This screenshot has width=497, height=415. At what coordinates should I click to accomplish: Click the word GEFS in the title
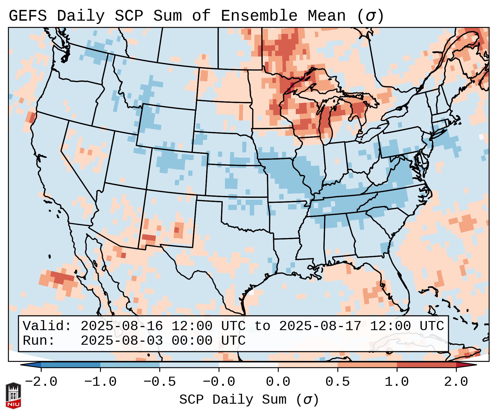coord(28,16)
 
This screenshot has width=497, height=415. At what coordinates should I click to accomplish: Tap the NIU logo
coord(13,395)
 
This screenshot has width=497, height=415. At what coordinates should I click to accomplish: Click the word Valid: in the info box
coord(47,326)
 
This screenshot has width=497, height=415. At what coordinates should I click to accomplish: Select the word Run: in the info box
coord(39,341)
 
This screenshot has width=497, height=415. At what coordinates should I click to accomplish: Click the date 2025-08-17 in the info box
coord(320,326)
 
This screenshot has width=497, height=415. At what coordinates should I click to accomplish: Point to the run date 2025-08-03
coord(122,341)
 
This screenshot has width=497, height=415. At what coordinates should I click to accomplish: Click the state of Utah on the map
coord(127,160)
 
